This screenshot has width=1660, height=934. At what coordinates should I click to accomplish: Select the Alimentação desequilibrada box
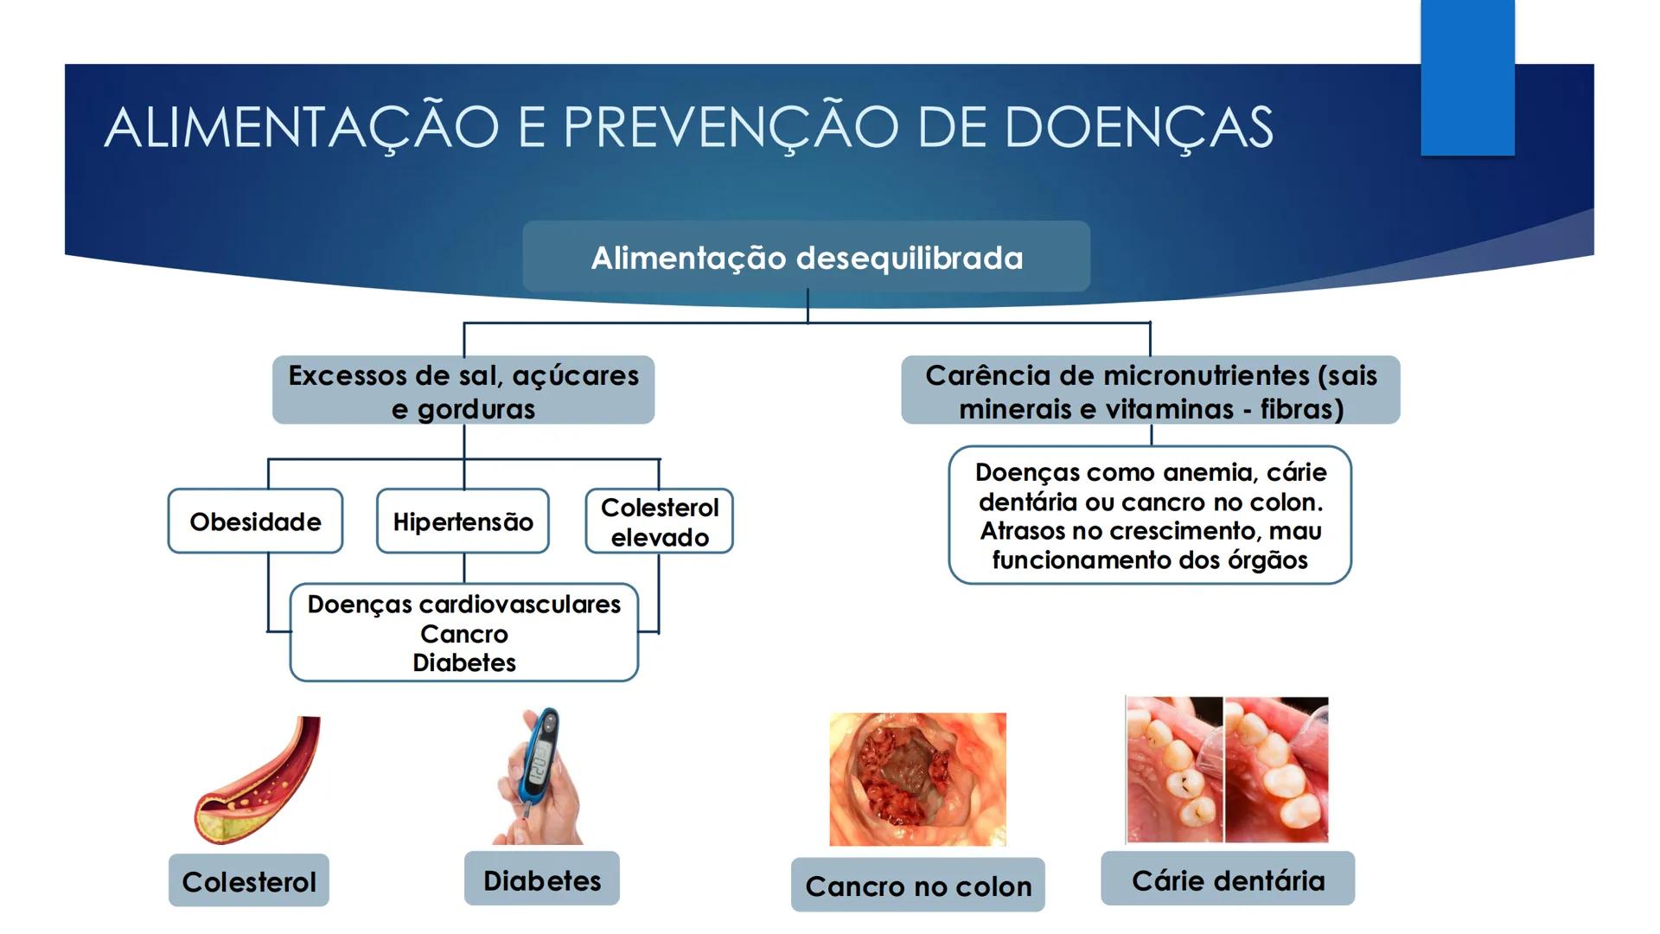coord(806,257)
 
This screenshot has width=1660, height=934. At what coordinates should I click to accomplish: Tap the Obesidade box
coord(255,521)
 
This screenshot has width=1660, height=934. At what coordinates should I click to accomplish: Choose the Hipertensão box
coord(463,521)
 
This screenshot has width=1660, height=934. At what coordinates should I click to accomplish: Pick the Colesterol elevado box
coord(659,521)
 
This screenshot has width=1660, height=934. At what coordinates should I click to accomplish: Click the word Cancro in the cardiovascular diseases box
coord(464,634)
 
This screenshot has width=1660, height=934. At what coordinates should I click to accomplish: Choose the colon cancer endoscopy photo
coord(917,778)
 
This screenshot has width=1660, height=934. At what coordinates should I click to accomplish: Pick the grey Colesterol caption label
coord(249,881)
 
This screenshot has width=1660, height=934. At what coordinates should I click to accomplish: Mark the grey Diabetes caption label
coord(542,880)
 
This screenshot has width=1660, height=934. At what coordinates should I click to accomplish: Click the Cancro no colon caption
coord(918,886)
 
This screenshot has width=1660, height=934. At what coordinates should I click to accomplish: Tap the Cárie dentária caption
coord(1228,880)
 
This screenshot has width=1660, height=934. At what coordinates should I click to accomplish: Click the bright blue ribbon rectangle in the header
coord(1467,78)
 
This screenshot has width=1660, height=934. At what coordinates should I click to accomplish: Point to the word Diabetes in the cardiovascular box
coord(464,662)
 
